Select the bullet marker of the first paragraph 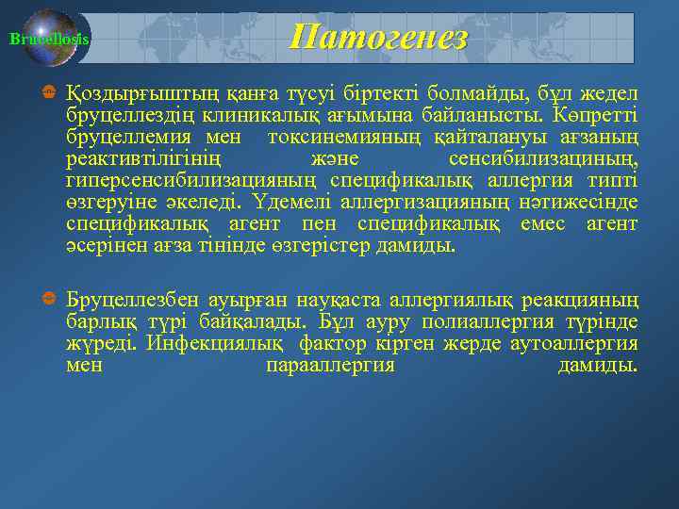click(x=47, y=96)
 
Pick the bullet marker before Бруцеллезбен click(x=47, y=301)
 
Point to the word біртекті click(x=375, y=94)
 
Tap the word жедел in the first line click(x=608, y=94)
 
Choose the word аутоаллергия click(x=573, y=343)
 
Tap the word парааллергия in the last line click(x=330, y=365)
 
